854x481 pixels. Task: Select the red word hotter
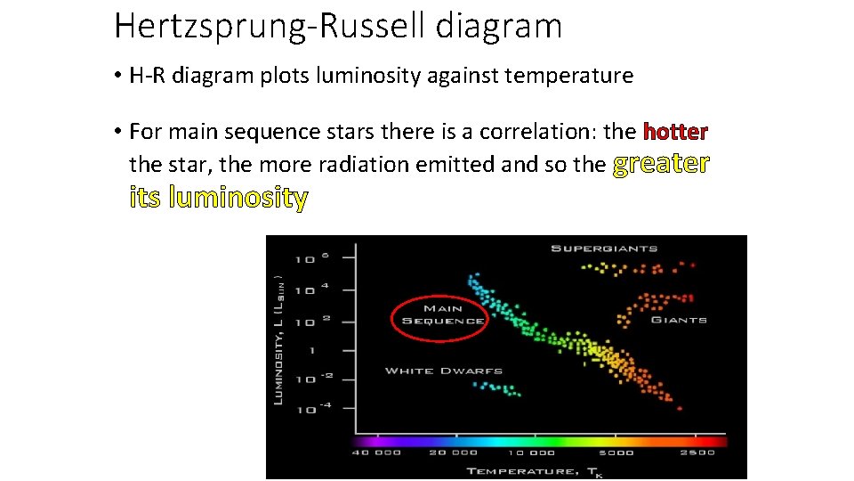coord(675,132)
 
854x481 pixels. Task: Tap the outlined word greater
coord(661,164)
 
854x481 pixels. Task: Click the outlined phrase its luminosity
coord(219,197)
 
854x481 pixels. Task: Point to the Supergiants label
coord(604,249)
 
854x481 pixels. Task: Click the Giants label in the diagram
coord(678,320)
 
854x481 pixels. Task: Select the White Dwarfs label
coord(443,371)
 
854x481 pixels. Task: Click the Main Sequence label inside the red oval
coord(442,315)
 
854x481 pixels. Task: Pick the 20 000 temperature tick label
coord(451,452)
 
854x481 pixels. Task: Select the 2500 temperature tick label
coord(697,452)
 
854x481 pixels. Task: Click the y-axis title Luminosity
coord(278,338)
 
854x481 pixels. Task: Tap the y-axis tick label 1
coord(312,351)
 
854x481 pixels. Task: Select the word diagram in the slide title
coord(499,26)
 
